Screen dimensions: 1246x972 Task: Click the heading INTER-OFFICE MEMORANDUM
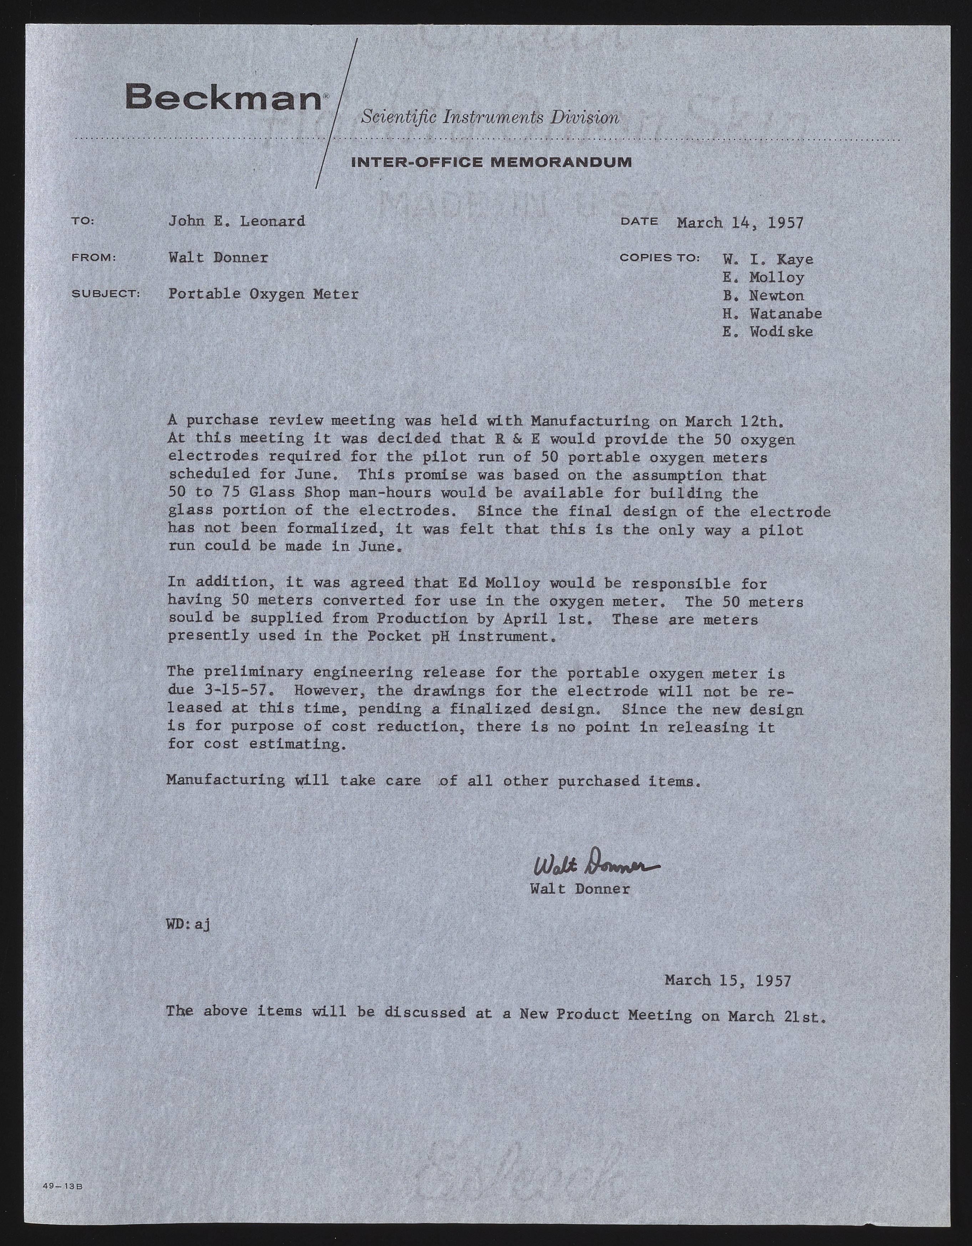pyautogui.click(x=491, y=162)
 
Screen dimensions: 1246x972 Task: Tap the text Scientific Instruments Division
pyautogui.click(x=490, y=117)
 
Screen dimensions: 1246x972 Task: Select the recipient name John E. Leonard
pyautogui.click(x=236, y=221)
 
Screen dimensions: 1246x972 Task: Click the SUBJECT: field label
pyautogui.click(x=106, y=294)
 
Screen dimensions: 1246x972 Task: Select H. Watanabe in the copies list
pyautogui.click(x=772, y=313)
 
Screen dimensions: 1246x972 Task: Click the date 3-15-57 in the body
pyautogui.click(x=234, y=691)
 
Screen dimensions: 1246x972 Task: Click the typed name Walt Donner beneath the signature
pyautogui.click(x=579, y=889)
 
